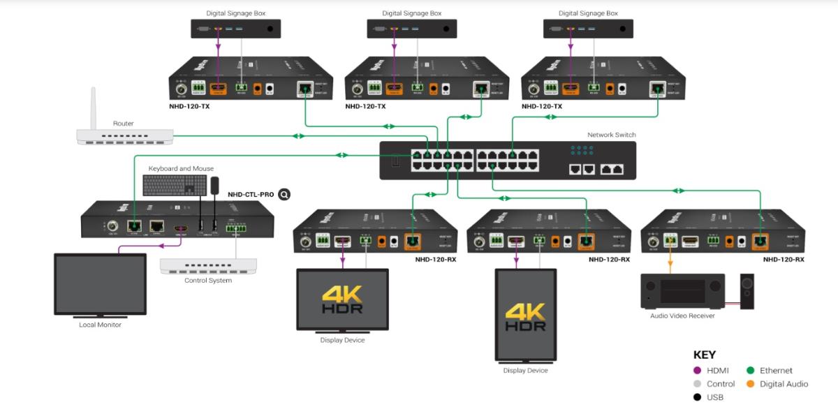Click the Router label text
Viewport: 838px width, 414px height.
point(123,124)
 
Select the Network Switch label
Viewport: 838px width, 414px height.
point(611,135)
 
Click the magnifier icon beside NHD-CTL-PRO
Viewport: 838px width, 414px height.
point(284,194)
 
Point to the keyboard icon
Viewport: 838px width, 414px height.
point(174,185)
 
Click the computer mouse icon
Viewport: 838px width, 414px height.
point(215,185)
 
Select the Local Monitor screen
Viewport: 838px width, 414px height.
point(100,283)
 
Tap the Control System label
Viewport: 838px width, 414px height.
point(208,281)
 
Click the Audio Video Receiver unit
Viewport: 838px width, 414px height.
point(682,291)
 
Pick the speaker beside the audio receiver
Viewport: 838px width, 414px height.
point(747,291)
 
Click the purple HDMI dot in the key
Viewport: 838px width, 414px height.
point(697,371)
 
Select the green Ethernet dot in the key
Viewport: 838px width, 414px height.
point(750,371)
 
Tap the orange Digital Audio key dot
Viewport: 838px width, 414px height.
point(750,384)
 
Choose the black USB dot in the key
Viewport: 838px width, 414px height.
point(697,397)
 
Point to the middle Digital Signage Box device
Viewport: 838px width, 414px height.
point(412,29)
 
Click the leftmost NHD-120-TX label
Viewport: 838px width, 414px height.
point(189,106)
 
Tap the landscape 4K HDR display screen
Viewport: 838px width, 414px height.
point(342,299)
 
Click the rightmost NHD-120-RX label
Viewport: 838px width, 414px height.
point(783,259)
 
